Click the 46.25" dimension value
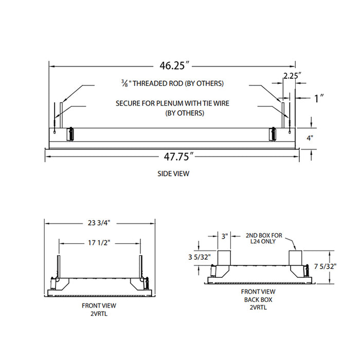pyautogui.click(x=172, y=66)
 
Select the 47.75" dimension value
pyautogui.click(x=172, y=155)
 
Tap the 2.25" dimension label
pyautogui.click(x=292, y=76)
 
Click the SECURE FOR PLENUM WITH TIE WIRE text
pyautogui.click(x=172, y=103)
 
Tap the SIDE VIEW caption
pyautogui.click(x=173, y=174)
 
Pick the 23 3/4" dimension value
pyautogui.click(x=100, y=223)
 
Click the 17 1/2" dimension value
pyautogui.click(x=99, y=241)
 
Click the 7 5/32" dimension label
pyautogui.click(x=324, y=266)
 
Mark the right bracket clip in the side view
pyautogui.click(x=273, y=134)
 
